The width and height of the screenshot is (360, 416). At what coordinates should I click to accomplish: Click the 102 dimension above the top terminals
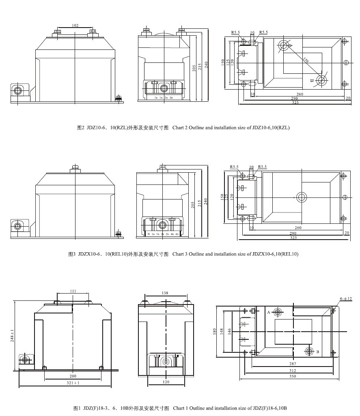click(75, 26)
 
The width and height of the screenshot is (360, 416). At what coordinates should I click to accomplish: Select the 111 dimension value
click(73, 291)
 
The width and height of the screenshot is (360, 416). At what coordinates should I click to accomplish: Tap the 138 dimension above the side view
click(165, 293)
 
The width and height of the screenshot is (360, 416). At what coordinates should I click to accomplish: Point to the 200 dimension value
click(73, 376)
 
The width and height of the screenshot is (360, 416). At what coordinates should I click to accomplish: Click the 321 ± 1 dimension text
click(73, 383)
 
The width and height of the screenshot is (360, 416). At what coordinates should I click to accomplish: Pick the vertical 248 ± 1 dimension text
click(12, 335)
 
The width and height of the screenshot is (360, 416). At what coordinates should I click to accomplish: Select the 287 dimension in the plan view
click(293, 364)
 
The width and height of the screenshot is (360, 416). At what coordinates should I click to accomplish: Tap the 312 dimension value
click(293, 370)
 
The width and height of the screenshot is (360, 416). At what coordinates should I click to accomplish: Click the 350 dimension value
click(293, 376)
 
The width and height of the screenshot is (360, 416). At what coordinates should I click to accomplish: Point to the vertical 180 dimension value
click(215, 331)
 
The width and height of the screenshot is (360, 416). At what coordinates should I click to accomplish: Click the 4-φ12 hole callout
click(346, 299)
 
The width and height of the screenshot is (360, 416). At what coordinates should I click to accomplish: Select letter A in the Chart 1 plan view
click(269, 313)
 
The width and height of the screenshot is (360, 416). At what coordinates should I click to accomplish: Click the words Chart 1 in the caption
click(180, 408)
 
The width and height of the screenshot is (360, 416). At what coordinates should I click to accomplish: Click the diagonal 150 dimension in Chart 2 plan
click(305, 60)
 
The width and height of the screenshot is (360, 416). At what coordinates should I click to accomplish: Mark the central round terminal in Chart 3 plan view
click(301, 197)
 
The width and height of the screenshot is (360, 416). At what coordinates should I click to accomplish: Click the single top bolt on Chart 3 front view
click(75, 167)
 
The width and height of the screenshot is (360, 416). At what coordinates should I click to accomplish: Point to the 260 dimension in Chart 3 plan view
click(298, 228)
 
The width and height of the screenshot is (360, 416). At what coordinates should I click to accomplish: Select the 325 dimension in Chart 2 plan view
click(295, 103)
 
